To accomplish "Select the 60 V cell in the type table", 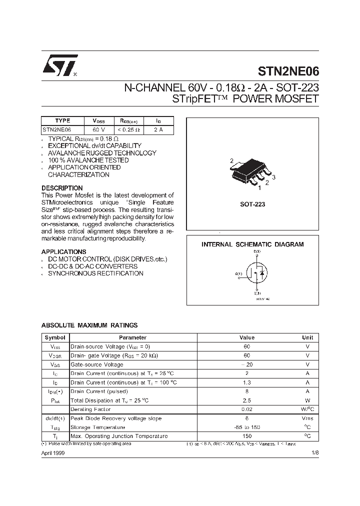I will [98, 129].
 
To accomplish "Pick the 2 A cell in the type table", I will [158, 129].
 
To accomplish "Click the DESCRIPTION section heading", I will [62, 188].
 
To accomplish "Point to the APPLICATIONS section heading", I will [63, 251].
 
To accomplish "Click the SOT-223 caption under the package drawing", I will [252, 204].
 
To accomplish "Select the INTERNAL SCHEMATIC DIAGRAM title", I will [252, 244].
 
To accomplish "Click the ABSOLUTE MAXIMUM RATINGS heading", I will [89, 325].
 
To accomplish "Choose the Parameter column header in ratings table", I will [132, 337].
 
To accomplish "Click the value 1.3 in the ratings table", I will [246, 382].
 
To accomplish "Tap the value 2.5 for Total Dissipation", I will [246, 400].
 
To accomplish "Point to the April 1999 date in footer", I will [52, 452].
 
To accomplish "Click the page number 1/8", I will [314, 452].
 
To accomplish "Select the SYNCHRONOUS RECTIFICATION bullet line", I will [95, 273].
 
